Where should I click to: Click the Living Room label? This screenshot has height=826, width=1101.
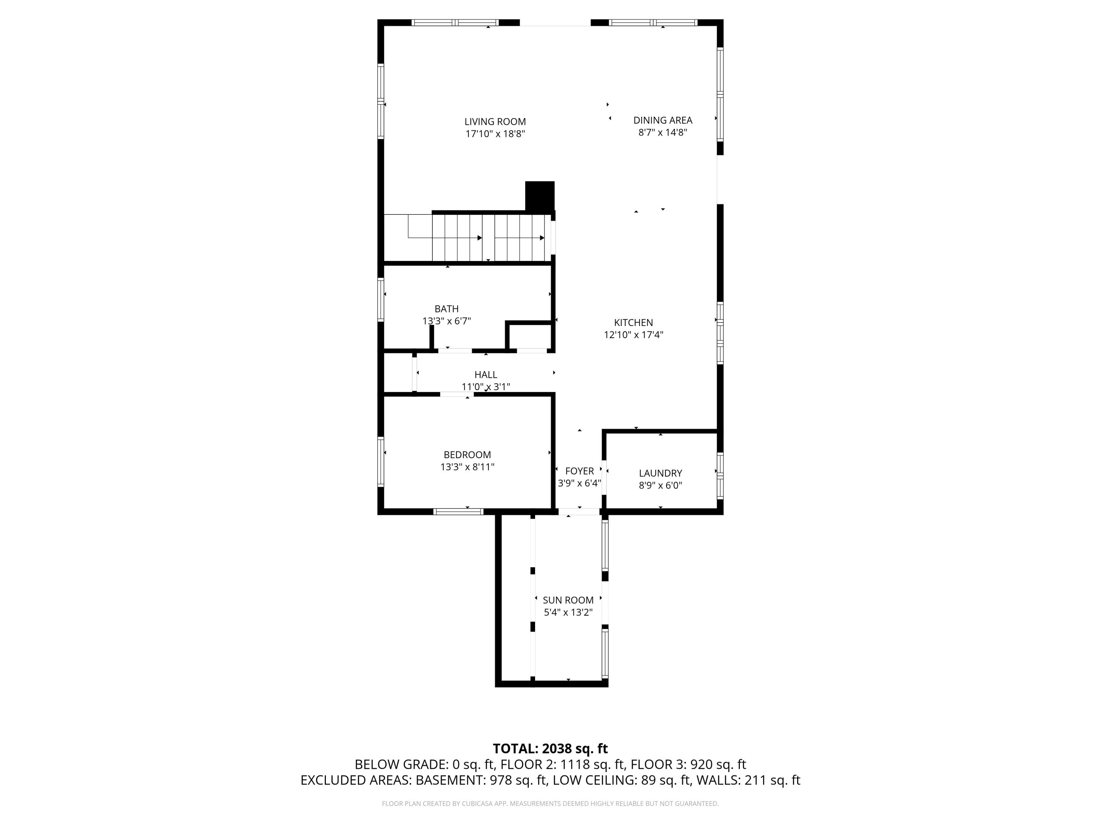[495, 122]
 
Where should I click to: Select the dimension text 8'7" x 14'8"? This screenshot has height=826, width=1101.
[662, 133]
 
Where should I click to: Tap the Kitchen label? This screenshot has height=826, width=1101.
[633, 323]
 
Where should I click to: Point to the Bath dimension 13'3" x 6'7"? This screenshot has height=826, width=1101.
[447, 321]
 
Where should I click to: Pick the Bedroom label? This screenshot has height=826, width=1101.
[467, 454]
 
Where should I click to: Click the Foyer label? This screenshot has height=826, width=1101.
[579, 471]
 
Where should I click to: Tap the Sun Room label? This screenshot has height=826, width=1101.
[568, 600]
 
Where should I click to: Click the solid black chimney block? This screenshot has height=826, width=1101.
[539, 196]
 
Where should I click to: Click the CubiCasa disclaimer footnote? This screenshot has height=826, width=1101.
[550, 804]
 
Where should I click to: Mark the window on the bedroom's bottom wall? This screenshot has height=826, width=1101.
[458, 511]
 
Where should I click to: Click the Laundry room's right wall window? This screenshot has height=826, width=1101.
[720, 475]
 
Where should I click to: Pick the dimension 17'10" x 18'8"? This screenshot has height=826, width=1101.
[495, 134]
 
